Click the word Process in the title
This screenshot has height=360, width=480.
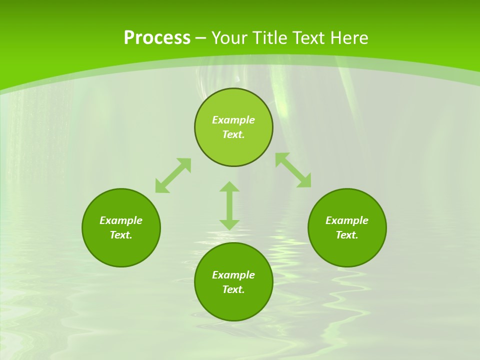click(157, 38)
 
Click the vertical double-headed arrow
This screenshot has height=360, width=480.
click(229, 206)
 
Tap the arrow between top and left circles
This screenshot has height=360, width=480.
click(173, 175)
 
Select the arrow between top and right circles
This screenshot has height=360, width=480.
click(293, 170)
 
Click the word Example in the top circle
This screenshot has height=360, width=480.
click(233, 120)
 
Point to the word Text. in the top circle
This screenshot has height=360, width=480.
click(233, 134)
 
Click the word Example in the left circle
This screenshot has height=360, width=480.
click(121, 220)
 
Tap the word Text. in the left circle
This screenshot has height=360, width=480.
click(121, 235)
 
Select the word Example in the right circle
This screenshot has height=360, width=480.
click(347, 220)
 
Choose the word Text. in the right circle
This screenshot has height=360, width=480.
click(347, 235)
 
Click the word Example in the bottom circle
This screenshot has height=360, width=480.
click(233, 275)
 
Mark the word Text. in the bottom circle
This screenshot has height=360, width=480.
click(233, 289)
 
